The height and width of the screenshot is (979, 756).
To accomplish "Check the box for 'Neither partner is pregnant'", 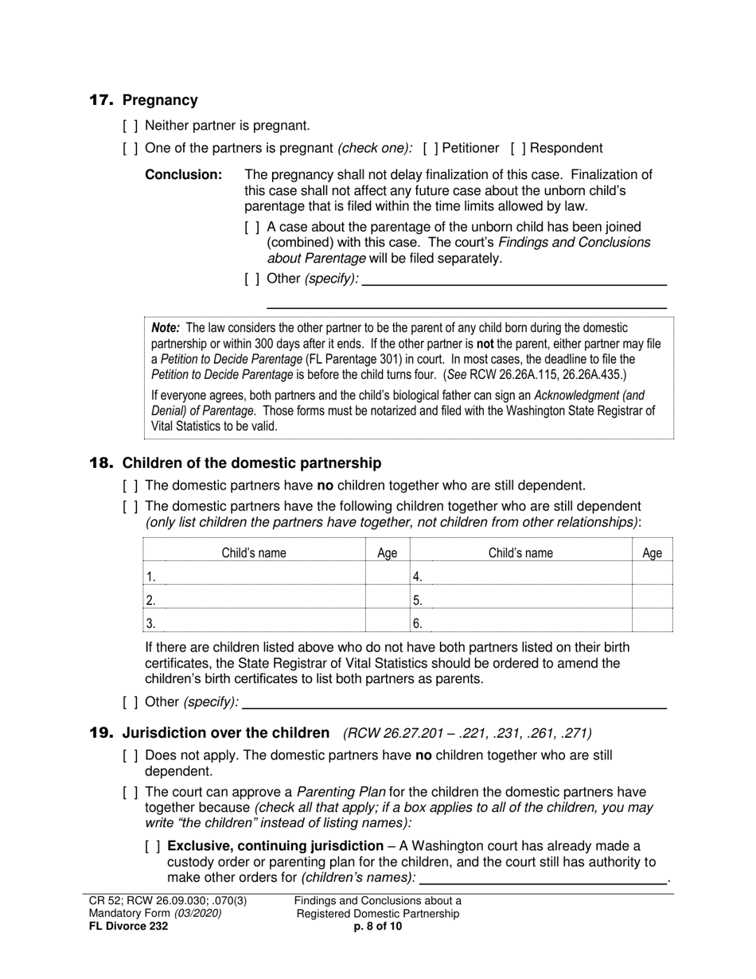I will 131,126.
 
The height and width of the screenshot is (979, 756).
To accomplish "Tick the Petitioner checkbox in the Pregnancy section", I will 431,148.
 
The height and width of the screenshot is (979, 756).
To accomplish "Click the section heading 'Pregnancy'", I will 160,100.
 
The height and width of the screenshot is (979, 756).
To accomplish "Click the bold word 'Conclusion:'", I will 183,175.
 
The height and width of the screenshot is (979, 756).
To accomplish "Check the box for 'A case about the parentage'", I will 252,228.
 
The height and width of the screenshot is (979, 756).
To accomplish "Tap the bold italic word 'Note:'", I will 166,328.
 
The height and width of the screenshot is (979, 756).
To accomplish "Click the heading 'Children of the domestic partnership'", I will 251,463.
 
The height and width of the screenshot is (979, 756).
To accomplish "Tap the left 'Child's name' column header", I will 254,553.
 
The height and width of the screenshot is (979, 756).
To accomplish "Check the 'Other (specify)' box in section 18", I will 131,702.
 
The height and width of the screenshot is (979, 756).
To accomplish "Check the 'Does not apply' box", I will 131,755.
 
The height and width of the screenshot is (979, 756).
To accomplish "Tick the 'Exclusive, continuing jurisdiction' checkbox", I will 153,846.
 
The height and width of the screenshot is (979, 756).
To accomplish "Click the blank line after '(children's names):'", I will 543,877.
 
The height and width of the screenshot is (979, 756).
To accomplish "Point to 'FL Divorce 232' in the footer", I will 128,926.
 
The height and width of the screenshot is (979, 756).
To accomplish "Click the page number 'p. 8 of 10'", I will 378,926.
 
